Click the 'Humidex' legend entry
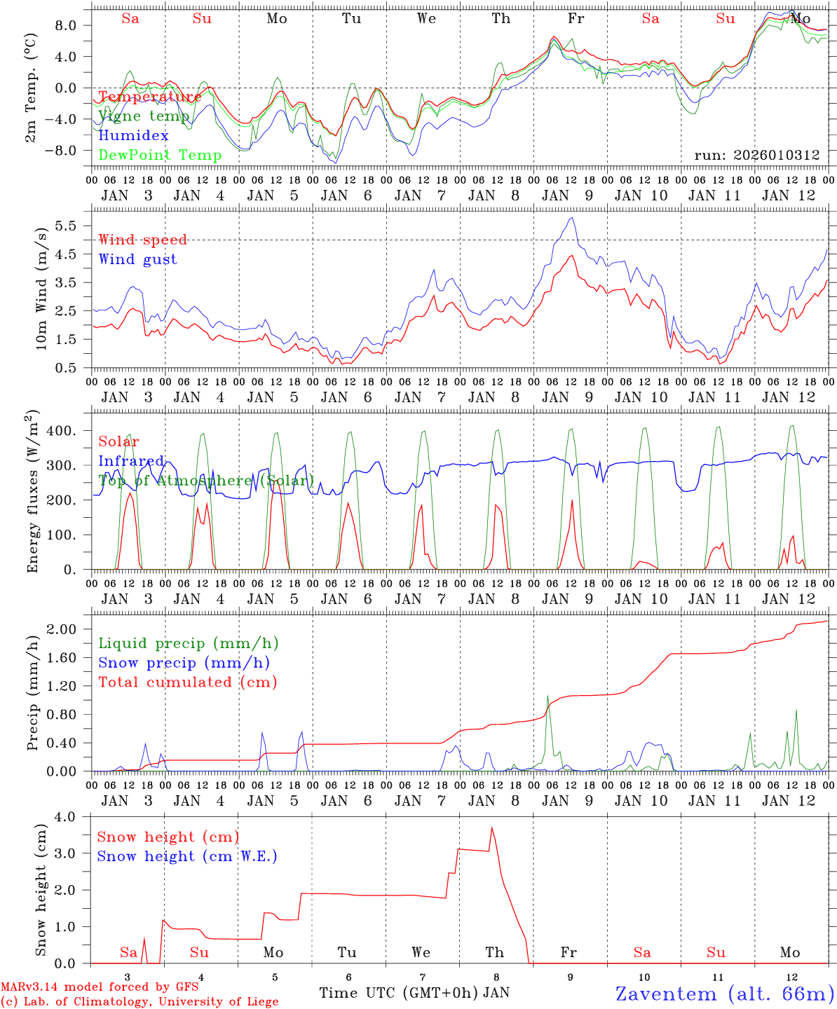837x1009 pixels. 133,135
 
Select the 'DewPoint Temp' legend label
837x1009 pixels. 160,155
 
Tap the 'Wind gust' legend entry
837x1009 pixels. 137,259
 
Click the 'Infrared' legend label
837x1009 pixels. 131,461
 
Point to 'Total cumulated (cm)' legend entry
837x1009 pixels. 187,682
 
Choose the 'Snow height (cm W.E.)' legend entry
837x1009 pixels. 186,856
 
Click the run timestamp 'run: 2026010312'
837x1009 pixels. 756,155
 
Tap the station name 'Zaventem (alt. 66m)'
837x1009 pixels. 724,993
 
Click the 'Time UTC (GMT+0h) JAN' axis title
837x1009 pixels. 414,992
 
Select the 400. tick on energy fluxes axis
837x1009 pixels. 62,430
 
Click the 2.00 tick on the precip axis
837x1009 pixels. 64,629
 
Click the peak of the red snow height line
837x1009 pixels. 491,828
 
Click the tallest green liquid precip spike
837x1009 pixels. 547,696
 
